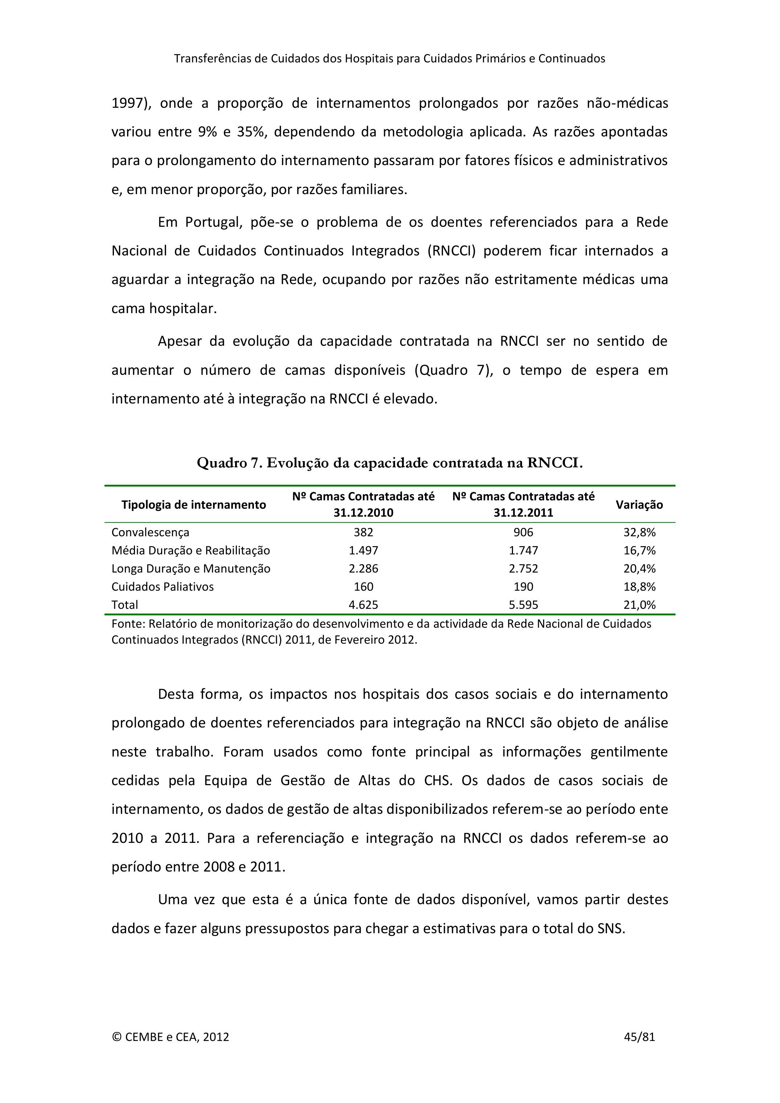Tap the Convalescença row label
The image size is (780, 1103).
150,532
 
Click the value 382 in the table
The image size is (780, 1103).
363,532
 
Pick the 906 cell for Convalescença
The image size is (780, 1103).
523,532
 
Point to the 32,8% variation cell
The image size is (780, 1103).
639,532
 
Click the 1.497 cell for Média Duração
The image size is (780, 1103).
363,550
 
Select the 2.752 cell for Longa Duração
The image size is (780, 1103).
523,569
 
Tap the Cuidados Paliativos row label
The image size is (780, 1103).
162,587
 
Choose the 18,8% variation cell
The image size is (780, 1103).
639,587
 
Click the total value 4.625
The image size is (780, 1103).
363,605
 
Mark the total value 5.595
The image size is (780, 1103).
523,605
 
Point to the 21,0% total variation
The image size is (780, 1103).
639,605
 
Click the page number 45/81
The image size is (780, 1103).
639,1037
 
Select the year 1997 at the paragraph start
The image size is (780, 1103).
127,103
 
